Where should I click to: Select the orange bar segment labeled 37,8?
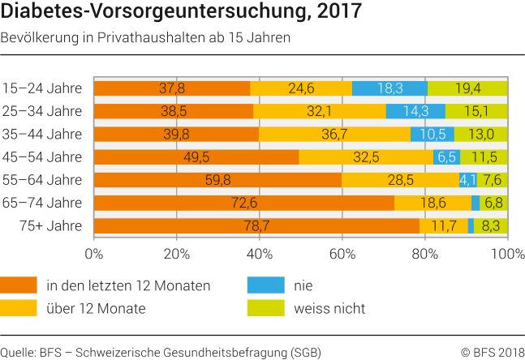172,88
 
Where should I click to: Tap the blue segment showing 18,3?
389,88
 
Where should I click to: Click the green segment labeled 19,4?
467,88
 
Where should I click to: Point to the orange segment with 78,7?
257,226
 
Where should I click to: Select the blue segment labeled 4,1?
468,180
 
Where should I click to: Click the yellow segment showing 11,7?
444,226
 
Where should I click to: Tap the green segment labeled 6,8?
493,203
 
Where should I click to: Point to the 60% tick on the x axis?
342,253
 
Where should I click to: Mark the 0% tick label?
94,253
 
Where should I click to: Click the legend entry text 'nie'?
303,285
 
